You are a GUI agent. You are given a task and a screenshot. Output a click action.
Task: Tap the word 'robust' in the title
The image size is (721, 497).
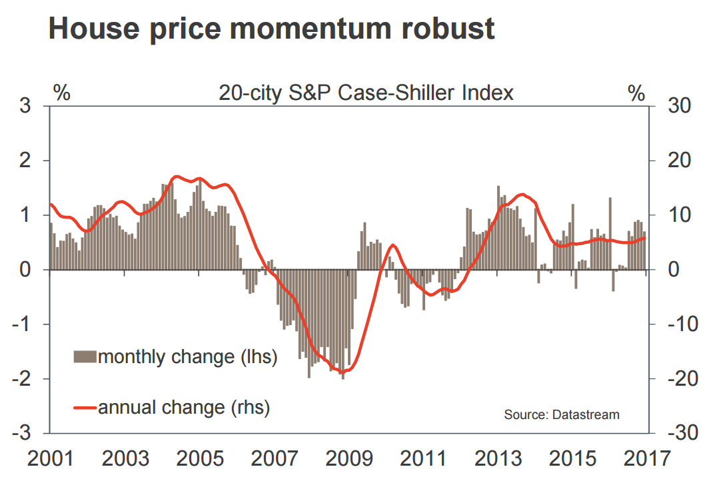(444, 29)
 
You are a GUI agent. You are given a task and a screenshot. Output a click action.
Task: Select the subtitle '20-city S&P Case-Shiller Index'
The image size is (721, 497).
(366, 93)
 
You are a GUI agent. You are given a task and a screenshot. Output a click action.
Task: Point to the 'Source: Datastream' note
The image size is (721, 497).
(562, 414)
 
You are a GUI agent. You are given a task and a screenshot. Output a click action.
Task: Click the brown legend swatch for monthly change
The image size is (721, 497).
(85, 357)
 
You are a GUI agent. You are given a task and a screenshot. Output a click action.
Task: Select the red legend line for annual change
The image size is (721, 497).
(85, 406)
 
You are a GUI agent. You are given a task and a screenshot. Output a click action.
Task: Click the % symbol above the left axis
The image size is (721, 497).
(61, 93)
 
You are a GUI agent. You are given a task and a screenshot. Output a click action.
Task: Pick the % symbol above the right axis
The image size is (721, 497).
(637, 93)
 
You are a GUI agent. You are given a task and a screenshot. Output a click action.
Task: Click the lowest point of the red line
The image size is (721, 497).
(347, 372)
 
